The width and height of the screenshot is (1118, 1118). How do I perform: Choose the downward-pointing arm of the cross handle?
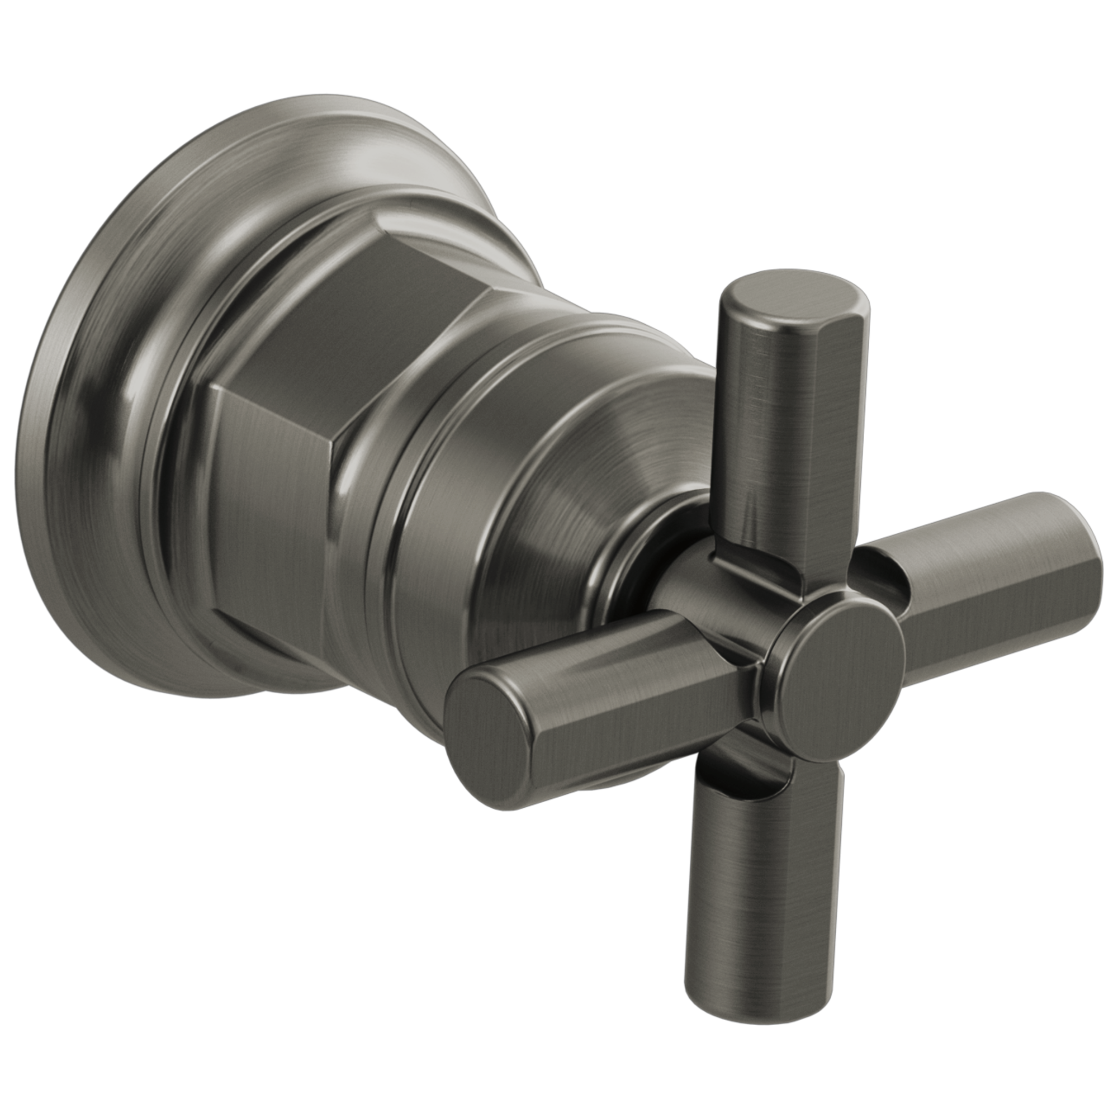coord(764,903)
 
